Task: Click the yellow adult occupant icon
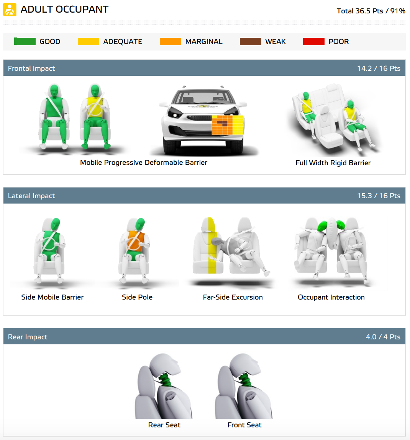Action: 10,10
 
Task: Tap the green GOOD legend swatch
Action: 25,42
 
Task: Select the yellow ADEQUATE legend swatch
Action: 88,42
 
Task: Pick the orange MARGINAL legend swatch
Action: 170,42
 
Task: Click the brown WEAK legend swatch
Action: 250,42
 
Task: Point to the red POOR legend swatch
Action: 313,42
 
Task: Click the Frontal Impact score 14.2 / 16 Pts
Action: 379,68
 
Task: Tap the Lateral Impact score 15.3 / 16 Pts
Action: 379,196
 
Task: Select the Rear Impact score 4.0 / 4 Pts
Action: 383,337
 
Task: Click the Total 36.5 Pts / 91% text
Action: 371,11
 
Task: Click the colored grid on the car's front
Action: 227,125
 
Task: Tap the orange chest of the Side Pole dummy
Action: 135,241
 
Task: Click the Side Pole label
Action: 137,297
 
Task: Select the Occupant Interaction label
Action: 331,297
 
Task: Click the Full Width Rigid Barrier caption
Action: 333,163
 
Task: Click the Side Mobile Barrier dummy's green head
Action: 55,224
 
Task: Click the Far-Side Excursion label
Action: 233,297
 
